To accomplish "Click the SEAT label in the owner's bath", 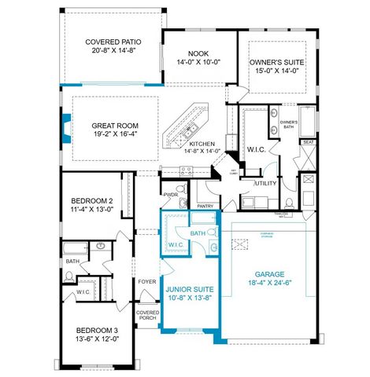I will click(308, 142).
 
